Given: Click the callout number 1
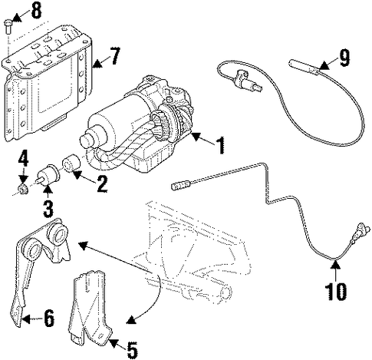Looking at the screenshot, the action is (x=219, y=145).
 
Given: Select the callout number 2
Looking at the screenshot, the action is (x=101, y=183).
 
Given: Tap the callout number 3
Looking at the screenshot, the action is (x=48, y=209).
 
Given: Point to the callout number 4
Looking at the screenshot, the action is (x=23, y=159).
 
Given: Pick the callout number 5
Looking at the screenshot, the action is (x=132, y=350).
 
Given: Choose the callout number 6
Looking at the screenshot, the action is (x=48, y=318).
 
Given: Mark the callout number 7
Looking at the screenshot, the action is (x=114, y=56).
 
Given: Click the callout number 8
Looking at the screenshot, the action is (x=37, y=11).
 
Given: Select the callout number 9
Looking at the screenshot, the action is (x=343, y=58).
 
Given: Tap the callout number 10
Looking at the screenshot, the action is (x=336, y=291).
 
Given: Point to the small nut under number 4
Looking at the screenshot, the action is (x=23, y=189).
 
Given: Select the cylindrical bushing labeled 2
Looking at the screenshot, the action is (x=71, y=163).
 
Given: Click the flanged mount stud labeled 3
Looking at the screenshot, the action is (x=48, y=175).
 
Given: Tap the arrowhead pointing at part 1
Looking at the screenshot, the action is (x=196, y=137).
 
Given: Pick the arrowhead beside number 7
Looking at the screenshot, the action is (x=97, y=64).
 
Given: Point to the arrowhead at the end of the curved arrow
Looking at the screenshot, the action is (x=131, y=320).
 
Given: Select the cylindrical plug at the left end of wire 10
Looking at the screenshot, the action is (x=181, y=185).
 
